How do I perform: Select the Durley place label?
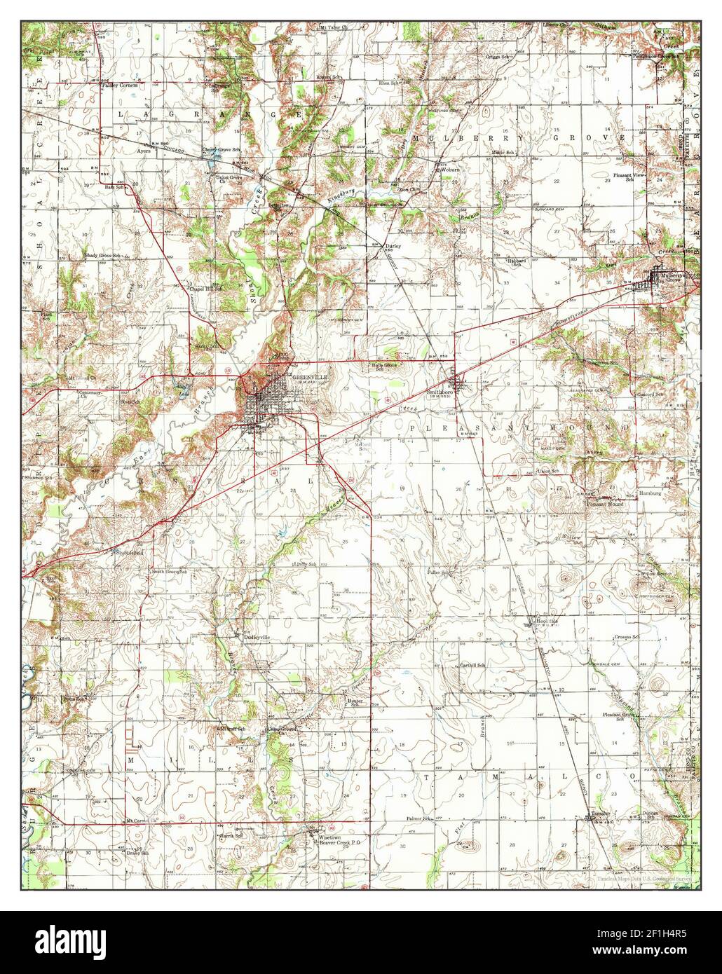pos(393,247)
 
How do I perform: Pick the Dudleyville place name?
pos(257,637)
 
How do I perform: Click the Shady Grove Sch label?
pos(103,256)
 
